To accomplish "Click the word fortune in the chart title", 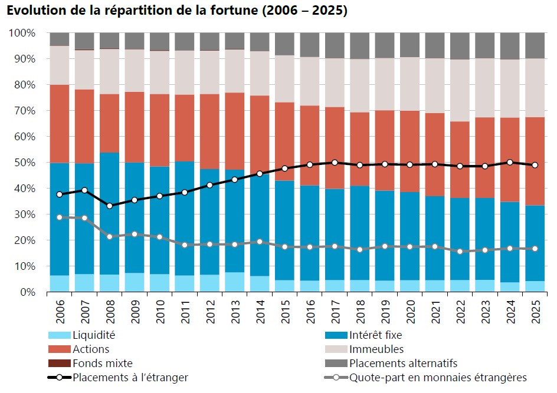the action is (234, 9).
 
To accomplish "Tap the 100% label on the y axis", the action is (22, 33).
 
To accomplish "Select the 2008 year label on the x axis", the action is (110, 312).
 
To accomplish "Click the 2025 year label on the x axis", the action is (535, 312).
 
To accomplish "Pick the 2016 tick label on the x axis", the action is (310, 312).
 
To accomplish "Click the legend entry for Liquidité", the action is (81, 335).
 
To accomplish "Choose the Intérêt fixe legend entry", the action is (363, 335).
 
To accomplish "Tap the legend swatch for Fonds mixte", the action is (60, 363).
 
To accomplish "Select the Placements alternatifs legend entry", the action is (391, 363).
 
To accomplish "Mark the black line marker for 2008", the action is (109, 206).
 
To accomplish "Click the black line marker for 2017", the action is (335, 163).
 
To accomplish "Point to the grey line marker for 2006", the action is (60, 217).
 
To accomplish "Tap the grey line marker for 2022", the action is (460, 251).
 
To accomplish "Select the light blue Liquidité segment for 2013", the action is (235, 282).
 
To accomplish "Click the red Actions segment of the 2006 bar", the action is (60, 124).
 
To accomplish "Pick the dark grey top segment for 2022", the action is (460, 46).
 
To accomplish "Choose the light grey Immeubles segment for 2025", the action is (535, 88).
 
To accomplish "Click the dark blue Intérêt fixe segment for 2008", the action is (109, 213).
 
